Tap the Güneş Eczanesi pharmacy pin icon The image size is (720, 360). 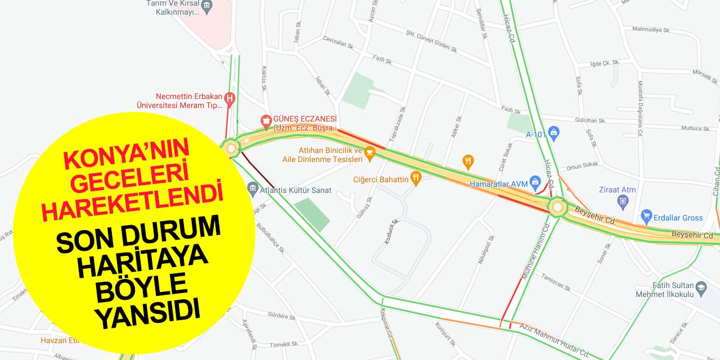[x=266, y=120]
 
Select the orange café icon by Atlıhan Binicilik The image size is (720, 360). [x=370, y=151]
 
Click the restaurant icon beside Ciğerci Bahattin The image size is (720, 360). [x=416, y=179]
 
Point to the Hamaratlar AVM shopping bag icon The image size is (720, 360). [x=535, y=182]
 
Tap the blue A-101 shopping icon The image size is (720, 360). [x=554, y=134]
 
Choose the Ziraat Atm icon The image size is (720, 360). [x=623, y=201]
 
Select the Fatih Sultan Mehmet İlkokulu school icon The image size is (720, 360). [x=701, y=289]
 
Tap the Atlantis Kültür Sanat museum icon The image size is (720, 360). [x=253, y=187]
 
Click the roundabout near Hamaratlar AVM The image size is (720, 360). [x=557, y=207]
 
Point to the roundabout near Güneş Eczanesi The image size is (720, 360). [x=231, y=148]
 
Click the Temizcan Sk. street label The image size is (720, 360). [x=556, y=282]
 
